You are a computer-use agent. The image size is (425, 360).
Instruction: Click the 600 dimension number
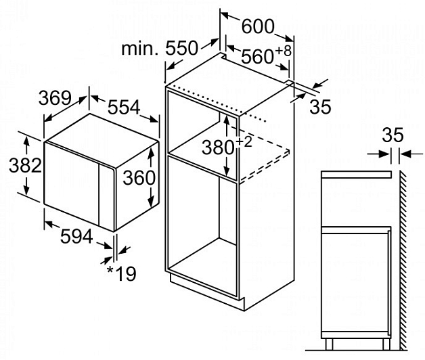point(258,26)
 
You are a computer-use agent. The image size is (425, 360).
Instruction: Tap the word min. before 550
point(140,49)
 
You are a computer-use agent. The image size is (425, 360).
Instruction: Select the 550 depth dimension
point(181,48)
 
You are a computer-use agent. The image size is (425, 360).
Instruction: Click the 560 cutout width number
point(256,56)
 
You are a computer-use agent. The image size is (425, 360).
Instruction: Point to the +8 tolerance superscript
point(284,51)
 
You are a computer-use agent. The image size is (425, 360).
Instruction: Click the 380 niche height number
point(218,148)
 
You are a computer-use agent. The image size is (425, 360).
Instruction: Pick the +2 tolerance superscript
point(244,142)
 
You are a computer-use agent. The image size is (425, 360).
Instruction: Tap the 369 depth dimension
point(55,98)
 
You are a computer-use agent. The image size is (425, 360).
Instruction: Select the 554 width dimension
point(124,107)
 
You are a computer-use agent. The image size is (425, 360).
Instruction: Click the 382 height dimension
point(25,165)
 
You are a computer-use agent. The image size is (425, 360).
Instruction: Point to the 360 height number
point(139,177)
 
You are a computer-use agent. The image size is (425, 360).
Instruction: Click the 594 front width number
point(76,236)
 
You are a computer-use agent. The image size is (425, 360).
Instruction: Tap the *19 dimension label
point(122,273)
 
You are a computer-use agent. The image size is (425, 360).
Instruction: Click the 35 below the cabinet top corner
point(320,106)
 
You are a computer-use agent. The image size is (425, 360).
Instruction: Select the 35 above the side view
point(393,135)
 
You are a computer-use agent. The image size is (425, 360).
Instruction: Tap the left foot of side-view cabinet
point(329,344)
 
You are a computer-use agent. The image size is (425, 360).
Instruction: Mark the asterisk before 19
point(110,270)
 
